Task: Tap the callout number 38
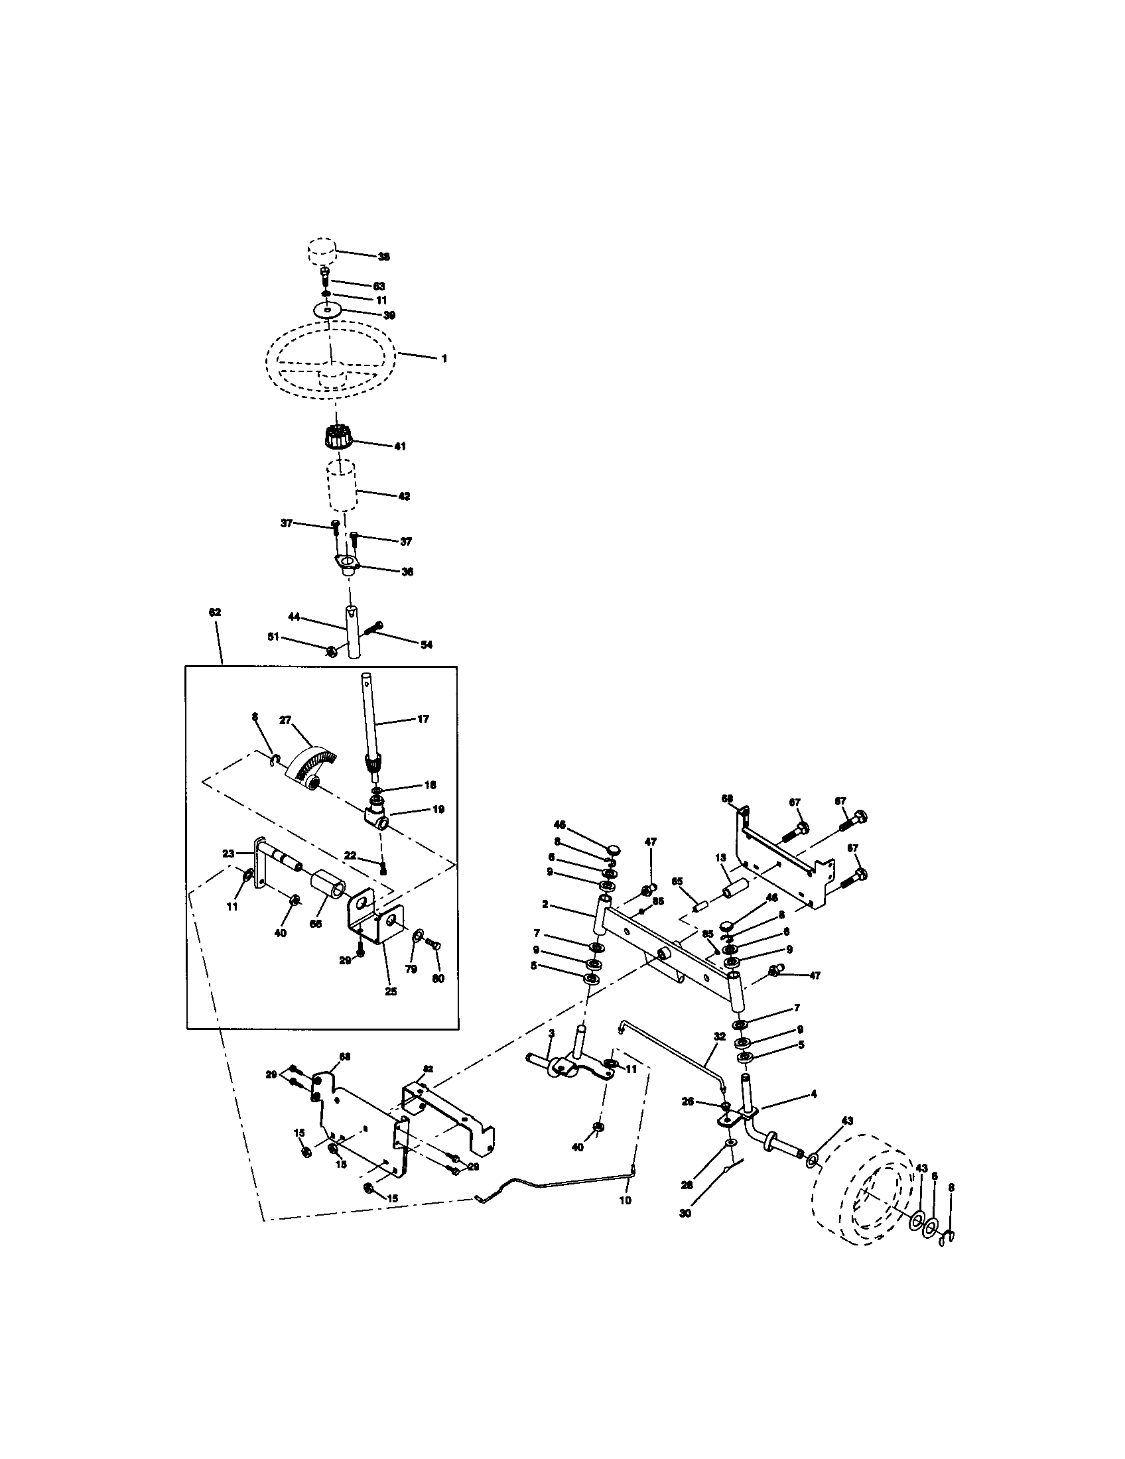[384, 257]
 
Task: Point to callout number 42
[403, 496]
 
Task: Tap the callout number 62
[214, 612]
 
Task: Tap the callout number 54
[427, 645]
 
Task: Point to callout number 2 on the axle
[545, 904]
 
